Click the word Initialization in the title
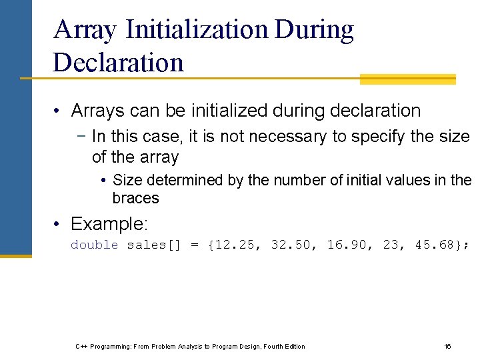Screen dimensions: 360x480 coord(196,30)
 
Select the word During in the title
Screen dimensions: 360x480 coord(314,30)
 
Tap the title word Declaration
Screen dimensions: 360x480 coord(118,62)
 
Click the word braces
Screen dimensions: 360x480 coord(135,198)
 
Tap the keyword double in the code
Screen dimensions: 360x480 coord(94,245)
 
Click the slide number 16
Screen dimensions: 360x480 coord(447,346)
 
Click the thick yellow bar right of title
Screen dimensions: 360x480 coord(407,79)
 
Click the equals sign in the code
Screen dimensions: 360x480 coord(195,245)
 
